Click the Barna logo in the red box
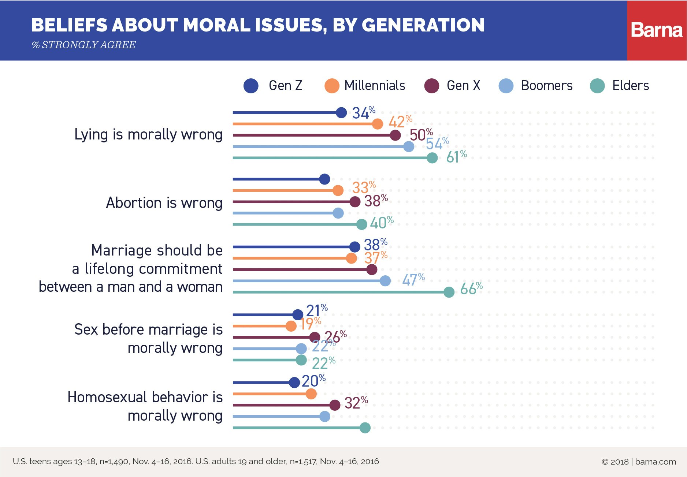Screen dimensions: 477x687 [x=657, y=30]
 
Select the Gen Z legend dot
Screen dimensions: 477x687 [x=251, y=86]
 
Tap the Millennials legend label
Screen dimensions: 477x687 [x=375, y=86]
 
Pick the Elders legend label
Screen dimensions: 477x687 [x=630, y=86]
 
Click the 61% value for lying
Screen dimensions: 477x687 [x=456, y=157]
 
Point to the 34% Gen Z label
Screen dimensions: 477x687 [x=363, y=112]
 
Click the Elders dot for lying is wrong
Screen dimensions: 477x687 [x=432, y=158]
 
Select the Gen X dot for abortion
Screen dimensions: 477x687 [x=355, y=202]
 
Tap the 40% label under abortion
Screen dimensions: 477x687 [x=381, y=222]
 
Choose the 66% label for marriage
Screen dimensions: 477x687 [x=471, y=288]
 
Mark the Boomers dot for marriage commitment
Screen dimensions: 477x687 [x=385, y=281]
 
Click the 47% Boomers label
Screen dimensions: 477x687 [x=413, y=279]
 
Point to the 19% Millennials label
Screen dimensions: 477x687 [x=310, y=323]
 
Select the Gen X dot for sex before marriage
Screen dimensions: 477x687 [x=315, y=337]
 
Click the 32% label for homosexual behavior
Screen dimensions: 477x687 [x=356, y=403]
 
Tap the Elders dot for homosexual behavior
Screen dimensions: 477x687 [x=365, y=428]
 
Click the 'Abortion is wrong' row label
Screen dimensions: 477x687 [x=164, y=203]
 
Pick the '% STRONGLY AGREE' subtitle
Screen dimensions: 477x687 [x=84, y=45]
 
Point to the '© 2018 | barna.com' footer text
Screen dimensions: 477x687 [x=639, y=462]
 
